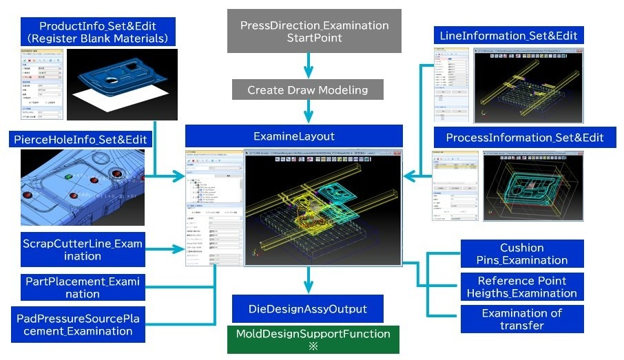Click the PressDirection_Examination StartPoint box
(x=314, y=31)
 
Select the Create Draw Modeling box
(x=307, y=90)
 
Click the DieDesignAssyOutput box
(x=309, y=308)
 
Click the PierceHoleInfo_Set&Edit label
(x=80, y=140)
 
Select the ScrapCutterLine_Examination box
(x=81, y=250)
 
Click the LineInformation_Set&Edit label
(x=508, y=34)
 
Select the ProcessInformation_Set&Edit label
(x=524, y=137)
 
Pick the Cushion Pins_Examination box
(x=521, y=254)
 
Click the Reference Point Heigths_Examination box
(x=521, y=287)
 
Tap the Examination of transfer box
(x=521, y=319)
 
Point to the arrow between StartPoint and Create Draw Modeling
(x=309, y=67)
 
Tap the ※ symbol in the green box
(x=313, y=347)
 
